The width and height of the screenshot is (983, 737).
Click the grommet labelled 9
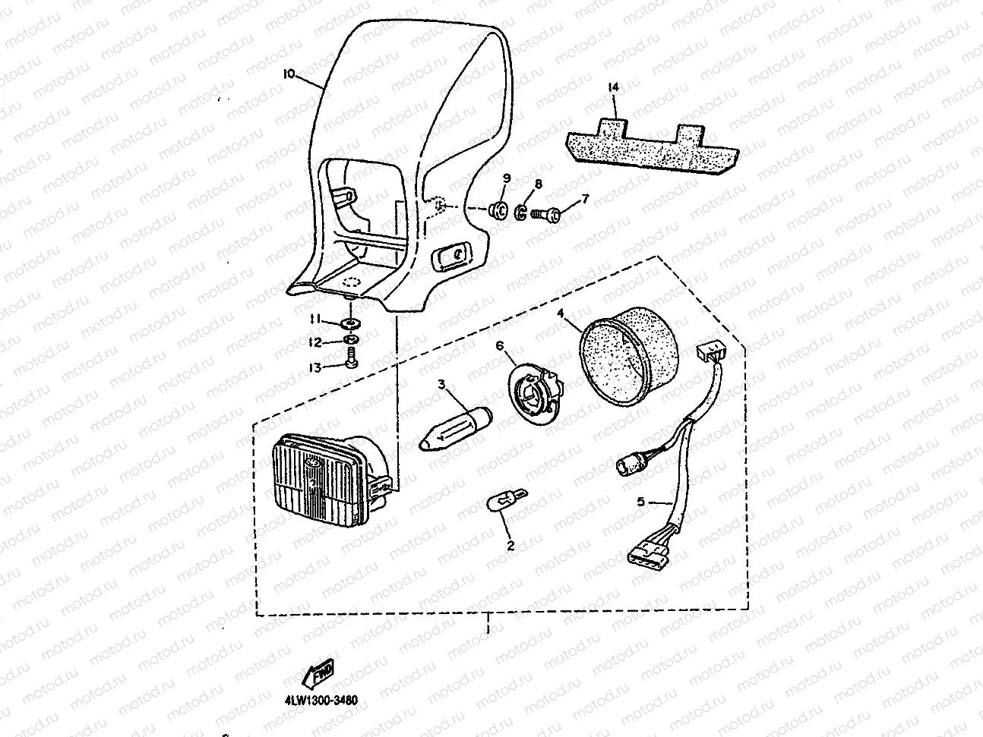coord(498,209)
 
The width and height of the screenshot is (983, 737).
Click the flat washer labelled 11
coord(352,325)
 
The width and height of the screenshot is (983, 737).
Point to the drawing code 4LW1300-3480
coord(316,701)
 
